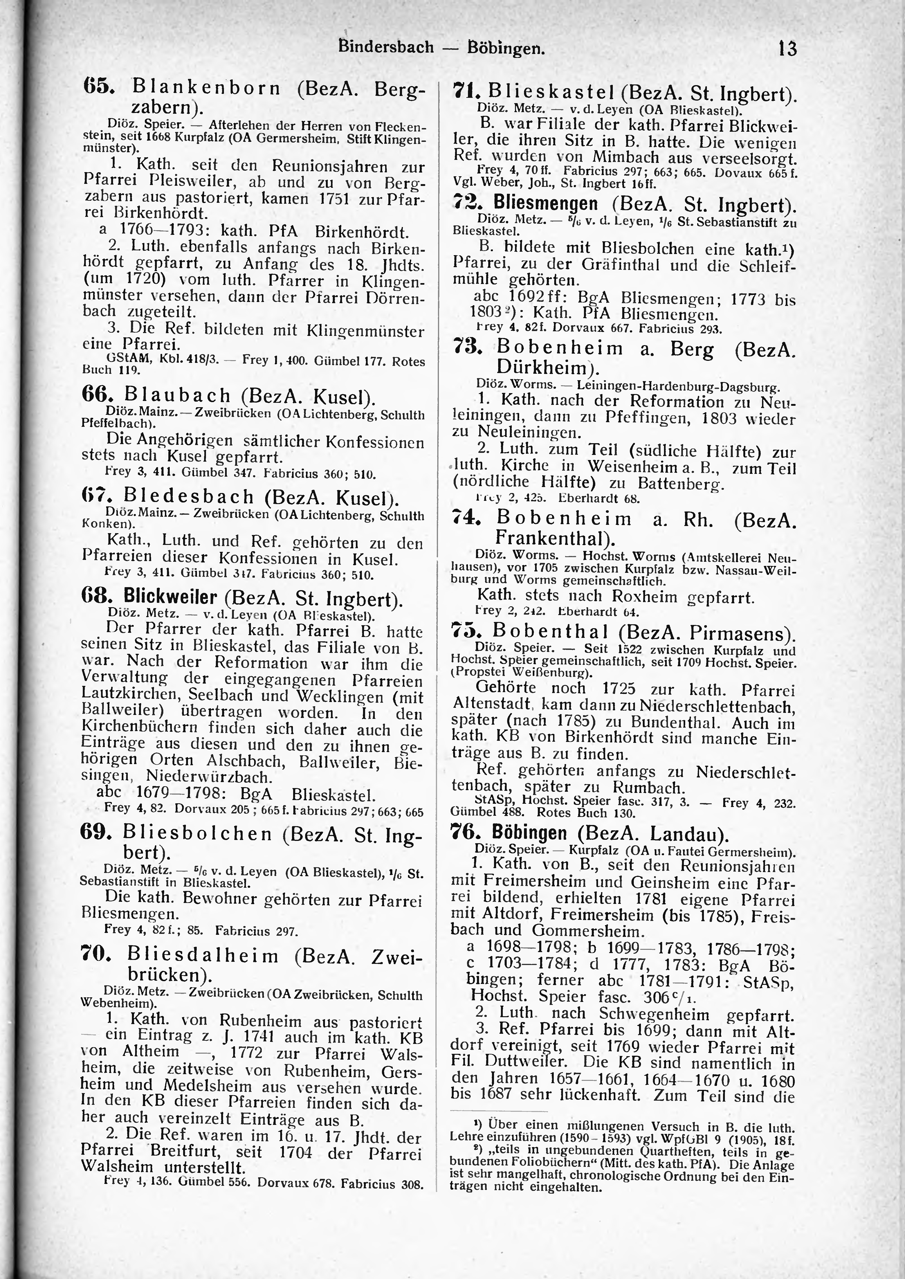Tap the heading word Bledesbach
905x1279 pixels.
point(188,496)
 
